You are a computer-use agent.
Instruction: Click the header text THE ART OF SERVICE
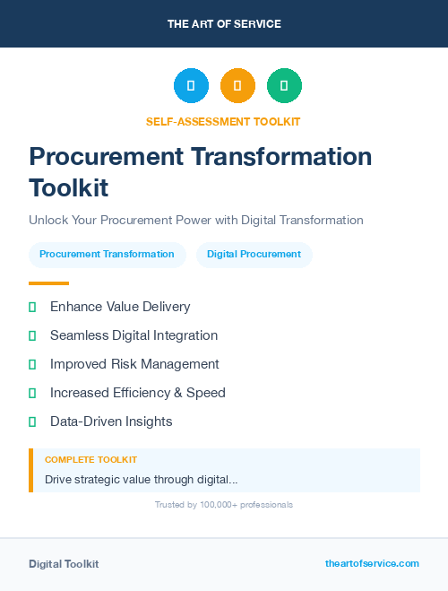224,24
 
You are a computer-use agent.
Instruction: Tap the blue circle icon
191,86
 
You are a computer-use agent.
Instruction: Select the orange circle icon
237,86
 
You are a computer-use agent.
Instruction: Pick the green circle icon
284,86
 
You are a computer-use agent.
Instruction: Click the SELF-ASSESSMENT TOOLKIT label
223,122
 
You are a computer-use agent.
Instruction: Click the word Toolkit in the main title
68,188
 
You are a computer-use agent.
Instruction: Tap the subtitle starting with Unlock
195,220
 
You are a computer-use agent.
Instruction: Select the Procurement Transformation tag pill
107,255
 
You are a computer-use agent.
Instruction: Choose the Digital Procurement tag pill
254,255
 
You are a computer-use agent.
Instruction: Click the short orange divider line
48,283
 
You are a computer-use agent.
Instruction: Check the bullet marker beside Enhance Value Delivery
32,307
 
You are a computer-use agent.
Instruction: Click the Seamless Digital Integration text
134,335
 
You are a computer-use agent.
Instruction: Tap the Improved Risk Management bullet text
134,364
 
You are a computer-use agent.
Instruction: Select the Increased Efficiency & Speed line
137,393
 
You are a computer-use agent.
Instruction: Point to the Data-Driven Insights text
111,422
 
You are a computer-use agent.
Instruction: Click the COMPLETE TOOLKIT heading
90,460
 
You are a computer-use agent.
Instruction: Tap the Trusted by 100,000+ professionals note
224,505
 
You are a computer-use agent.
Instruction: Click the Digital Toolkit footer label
64,564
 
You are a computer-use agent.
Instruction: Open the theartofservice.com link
372,563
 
